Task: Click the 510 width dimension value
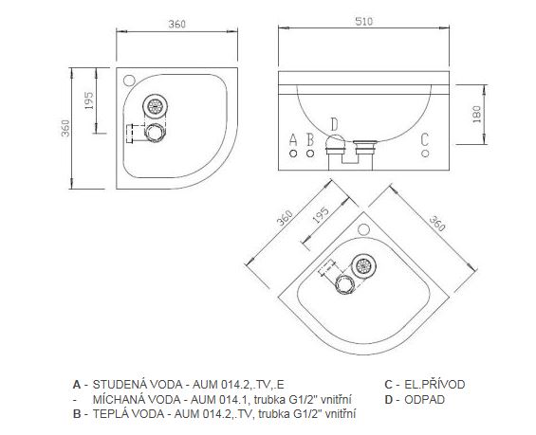pos(363,22)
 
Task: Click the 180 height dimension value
pos(476,115)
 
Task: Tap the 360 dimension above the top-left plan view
pos(177,25)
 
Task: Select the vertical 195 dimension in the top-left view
pos(88,100)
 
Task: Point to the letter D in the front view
pos(334,124)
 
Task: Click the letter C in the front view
pos(425,139)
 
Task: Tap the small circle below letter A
pos(293,154)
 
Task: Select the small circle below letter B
pos(310,154)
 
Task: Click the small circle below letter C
pos(425,154)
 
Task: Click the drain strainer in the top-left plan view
pos(156,106)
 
